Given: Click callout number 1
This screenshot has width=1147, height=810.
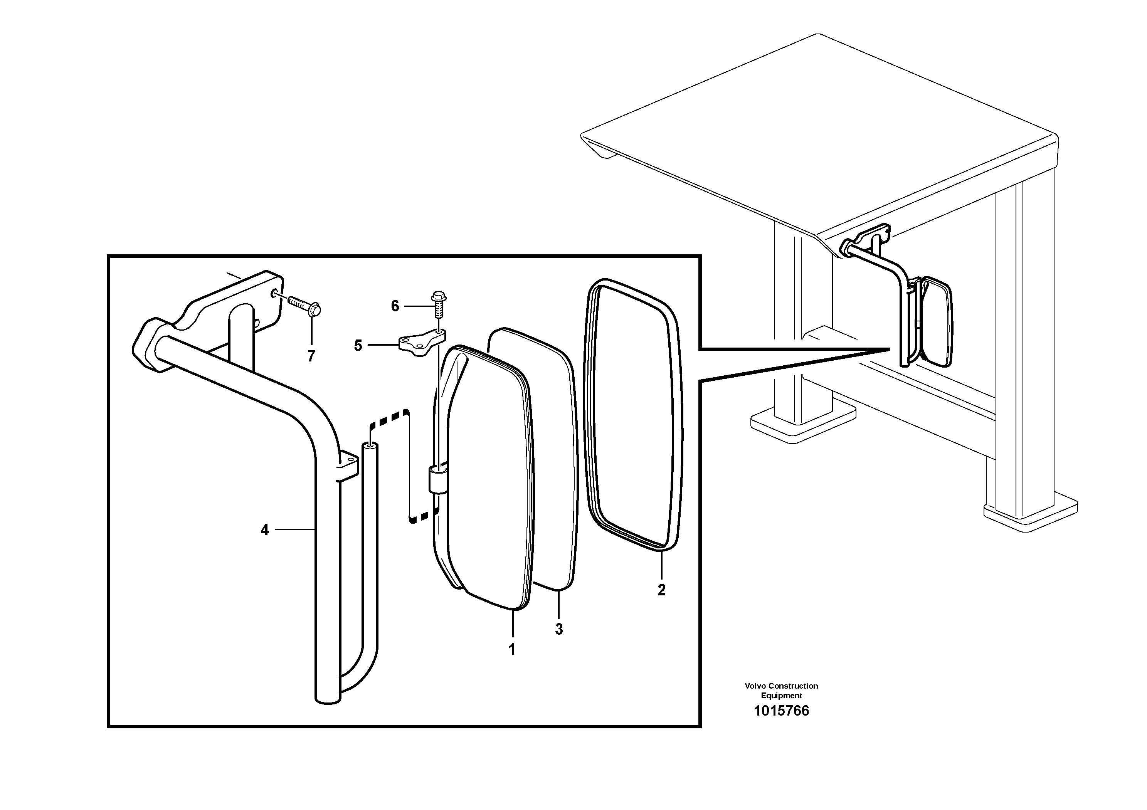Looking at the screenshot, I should [511, 649].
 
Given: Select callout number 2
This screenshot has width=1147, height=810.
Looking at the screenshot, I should [661, 590].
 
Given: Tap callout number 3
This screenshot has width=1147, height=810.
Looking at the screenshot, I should [558, 629].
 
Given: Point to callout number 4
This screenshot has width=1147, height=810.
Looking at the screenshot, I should [265, 530].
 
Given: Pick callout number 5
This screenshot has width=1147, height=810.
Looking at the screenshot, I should [358, 346].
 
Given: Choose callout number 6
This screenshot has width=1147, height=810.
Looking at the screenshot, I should [395, 306].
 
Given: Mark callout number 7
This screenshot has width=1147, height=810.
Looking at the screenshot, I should [311, 356].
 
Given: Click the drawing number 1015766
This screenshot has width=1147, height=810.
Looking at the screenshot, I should [781, 711].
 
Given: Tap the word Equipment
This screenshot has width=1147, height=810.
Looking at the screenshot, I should [781, 695].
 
